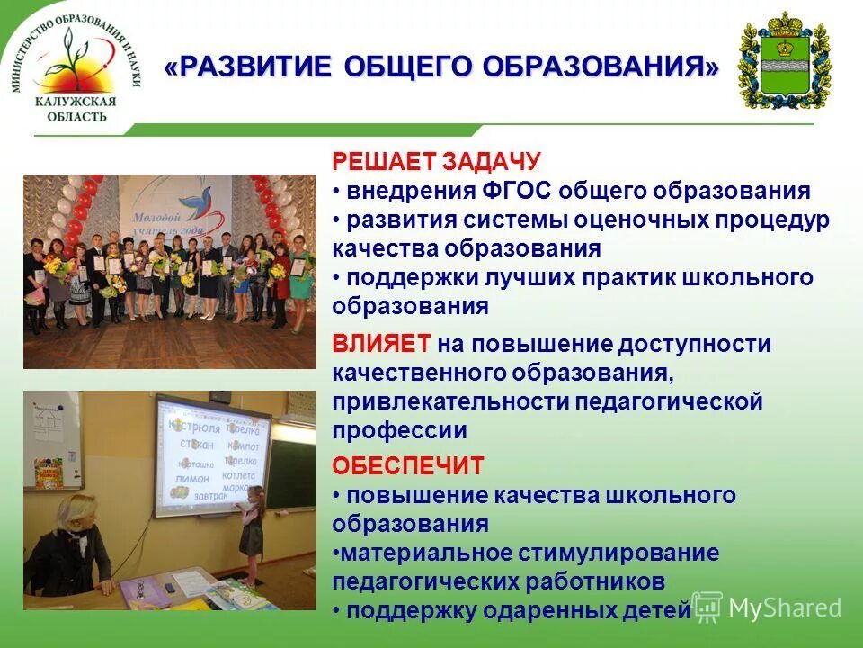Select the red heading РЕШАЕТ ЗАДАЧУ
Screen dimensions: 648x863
pos(437,162)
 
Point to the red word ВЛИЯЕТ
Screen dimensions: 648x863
pos(382,344)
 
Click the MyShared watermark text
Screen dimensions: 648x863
pos(784,607)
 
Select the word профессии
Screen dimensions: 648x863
pos(399,430)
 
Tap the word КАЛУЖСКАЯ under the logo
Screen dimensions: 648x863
pos(76,103)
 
